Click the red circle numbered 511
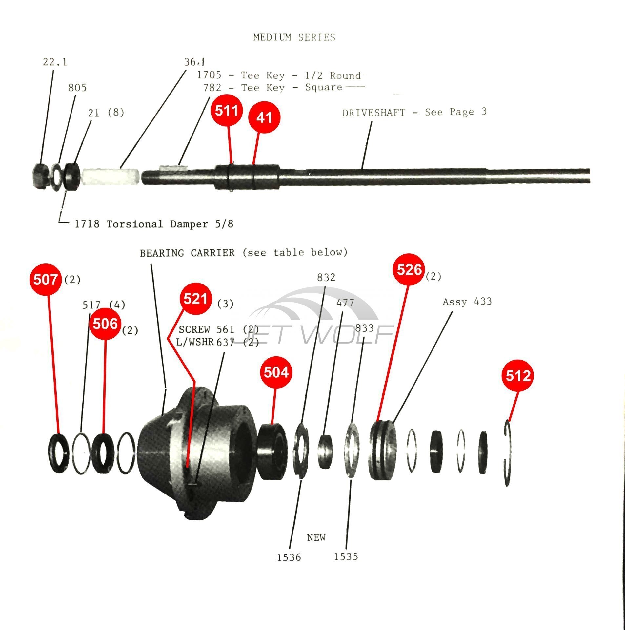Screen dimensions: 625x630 [227, 110]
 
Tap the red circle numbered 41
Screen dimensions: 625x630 [264, 117]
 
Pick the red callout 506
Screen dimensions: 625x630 [105, 324]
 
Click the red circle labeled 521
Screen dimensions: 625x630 [195, 299]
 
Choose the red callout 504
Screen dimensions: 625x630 [276, 372]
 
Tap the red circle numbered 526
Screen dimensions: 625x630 [410, 270]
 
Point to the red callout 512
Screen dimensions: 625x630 [518, 376]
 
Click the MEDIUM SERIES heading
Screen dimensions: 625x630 [294, 37]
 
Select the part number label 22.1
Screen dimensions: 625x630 [55, 62]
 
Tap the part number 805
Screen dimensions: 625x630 [77, 88]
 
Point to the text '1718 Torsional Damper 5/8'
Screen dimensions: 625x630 [154, 224]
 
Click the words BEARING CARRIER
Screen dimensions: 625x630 [187, 253]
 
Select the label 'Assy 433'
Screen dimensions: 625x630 [467, 302]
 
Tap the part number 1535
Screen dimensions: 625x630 [346, 557]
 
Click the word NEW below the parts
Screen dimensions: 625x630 [316, 537]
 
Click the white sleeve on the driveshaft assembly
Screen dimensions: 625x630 [110, 177]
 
